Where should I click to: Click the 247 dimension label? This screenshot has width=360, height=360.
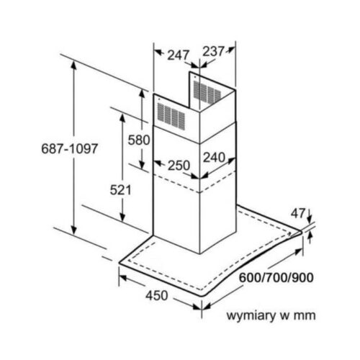point(178,55)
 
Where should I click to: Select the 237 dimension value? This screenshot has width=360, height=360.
point(214,51)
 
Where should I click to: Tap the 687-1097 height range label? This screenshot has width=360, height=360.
point(70,148)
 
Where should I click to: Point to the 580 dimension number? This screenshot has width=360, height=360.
point(139,140)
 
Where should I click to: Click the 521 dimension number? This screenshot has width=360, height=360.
point(121,190)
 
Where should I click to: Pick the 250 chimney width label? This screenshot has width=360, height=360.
point(179,166)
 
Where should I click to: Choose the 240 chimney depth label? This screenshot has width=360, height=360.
point(215,158)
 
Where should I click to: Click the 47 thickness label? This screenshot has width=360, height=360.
point(298,213)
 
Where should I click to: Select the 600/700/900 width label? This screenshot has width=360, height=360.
point(276,278)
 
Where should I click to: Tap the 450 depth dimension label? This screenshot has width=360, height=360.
point(157,295)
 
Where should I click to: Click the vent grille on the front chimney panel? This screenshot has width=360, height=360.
point(171,116)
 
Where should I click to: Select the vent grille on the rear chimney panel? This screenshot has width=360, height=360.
point(207,92)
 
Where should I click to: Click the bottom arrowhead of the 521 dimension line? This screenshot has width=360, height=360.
point(122,218)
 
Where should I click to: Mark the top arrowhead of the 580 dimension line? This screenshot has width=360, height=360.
point(142,94)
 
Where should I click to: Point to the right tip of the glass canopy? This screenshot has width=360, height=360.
point(301,232)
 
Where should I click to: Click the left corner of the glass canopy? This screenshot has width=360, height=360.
point(120,263)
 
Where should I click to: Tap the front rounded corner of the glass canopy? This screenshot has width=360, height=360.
point(202,295)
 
